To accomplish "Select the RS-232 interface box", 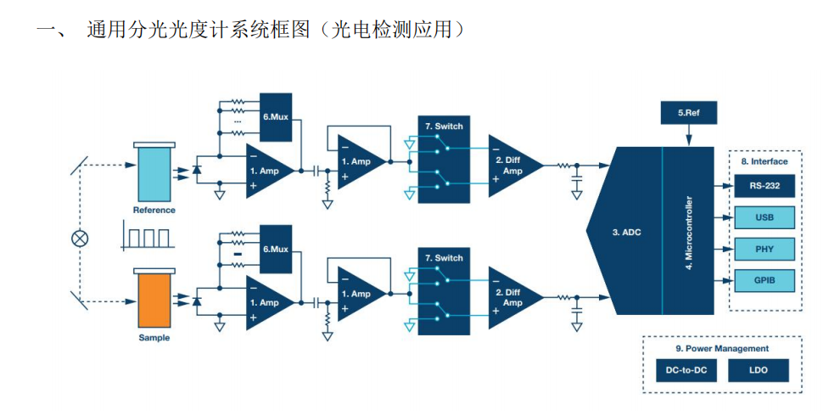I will [764, 185].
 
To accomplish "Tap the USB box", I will [764, 217].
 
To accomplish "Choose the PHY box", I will [764, 250].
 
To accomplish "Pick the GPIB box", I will [764, 281].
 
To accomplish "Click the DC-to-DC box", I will [685, 371].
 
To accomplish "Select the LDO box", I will [759, 371].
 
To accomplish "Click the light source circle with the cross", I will [80, 238].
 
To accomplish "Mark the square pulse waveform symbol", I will [146, 235].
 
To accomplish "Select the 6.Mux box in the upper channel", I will [276, 116].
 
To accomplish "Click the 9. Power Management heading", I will [722, 348].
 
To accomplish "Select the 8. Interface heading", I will [764, 161].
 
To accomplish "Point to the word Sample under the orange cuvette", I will [154, 338].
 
